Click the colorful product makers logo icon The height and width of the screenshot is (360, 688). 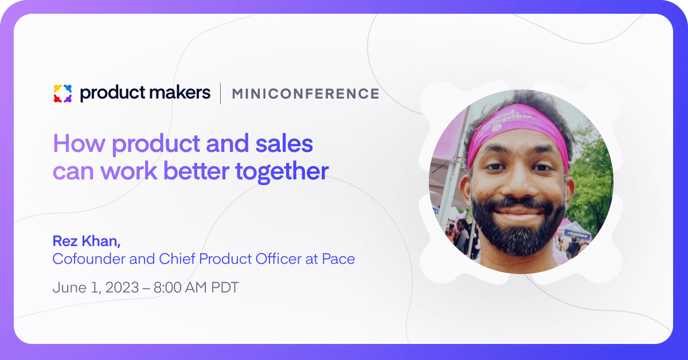click(x=62, y=93)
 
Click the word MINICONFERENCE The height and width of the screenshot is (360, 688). click(x=306, y=93)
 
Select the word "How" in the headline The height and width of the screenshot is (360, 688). click(x=79, y=143)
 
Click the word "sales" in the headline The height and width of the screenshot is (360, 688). click(x=284, y=143)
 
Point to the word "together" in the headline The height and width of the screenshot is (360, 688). click(x=282, y=172)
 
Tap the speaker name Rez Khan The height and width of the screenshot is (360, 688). click(x=87, y=241)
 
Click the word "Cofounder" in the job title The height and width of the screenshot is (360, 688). click(x=88, y=259)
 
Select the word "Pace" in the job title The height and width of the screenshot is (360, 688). click(x=338, y=259)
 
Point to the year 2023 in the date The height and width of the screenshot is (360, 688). click(x=122, y=288)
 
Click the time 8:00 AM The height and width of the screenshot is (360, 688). click(x=180, y=288)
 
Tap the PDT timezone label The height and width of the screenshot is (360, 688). click(x=225, y=288)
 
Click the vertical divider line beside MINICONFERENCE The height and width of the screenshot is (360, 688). click(x=221, y=93)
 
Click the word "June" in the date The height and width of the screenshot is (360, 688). click(x=70, y=288)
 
